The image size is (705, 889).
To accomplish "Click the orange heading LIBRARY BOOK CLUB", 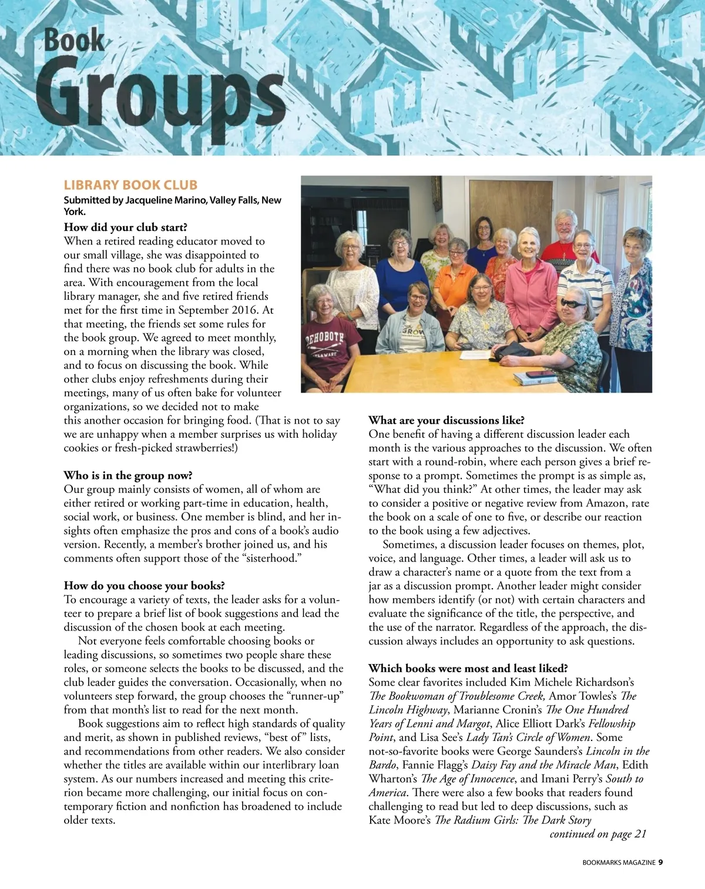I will [130, 185].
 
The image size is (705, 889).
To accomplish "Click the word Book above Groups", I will [75, 41].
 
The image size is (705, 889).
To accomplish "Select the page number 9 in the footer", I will [660, 862].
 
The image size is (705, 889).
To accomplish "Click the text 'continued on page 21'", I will [597, 834].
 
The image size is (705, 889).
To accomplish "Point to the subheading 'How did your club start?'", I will [126, 227].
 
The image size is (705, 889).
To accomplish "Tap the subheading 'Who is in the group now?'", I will [128, 475].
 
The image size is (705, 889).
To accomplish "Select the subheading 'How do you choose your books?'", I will [145, 586].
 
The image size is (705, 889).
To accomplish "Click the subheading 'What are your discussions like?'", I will [446, 420].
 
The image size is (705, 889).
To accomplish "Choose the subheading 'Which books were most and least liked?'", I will [468, 668].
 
